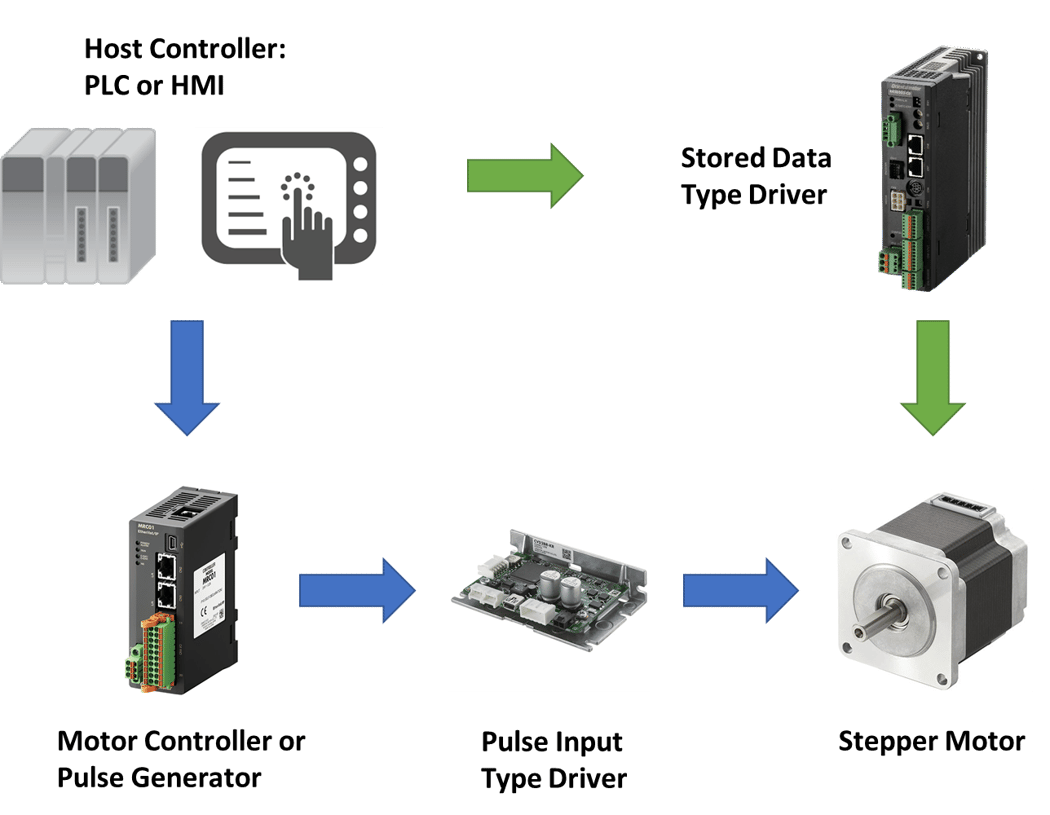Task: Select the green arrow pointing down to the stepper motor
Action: tap(933, 376)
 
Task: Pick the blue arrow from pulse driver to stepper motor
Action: tap(741, 590)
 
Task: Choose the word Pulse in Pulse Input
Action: tap(512, 742)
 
